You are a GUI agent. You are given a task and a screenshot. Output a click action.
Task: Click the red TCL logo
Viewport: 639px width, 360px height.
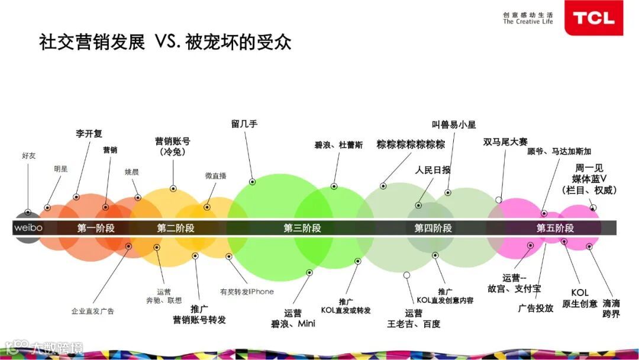pos(593,18)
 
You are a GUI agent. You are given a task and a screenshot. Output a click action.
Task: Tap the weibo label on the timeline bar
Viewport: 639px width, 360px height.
pos(28,228)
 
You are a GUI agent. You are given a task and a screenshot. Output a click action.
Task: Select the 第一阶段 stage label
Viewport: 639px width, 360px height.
pos(96,228)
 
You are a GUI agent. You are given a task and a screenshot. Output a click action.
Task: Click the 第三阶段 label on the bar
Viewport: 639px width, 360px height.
pos(302,228)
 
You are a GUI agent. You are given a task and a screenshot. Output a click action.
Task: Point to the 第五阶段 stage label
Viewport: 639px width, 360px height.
pos(555,228)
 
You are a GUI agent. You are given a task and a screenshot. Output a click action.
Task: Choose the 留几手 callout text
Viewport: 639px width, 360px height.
pos(244,124)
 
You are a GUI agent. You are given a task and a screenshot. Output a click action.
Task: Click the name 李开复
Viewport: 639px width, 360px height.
pos(89,134)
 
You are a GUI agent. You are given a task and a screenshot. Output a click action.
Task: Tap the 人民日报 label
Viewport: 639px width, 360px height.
pos(433,170)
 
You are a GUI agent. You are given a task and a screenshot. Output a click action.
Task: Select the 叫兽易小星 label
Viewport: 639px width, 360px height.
pos(454,124)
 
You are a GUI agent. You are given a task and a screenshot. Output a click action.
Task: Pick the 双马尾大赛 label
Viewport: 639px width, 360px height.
pos(505,142)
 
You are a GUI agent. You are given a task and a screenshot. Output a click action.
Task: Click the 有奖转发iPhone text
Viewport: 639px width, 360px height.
pos(247,291)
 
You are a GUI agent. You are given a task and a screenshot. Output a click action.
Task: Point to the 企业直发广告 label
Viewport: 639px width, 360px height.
pos(93,311)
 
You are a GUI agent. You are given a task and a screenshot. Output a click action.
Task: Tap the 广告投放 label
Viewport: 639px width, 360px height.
pos(535,308)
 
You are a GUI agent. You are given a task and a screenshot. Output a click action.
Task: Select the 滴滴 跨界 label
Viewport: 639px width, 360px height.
pos(611,308)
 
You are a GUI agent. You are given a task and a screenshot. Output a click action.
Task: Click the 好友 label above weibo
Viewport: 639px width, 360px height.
pos(28,155)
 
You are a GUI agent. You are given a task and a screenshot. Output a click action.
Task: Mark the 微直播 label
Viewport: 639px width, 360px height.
pos(215,175)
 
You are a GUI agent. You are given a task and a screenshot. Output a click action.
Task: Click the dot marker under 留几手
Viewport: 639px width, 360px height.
pos(253,182)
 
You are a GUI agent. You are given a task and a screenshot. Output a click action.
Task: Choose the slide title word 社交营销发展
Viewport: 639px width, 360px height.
pos(92,43)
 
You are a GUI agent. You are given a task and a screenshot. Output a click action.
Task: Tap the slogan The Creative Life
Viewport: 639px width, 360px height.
pos(528,22)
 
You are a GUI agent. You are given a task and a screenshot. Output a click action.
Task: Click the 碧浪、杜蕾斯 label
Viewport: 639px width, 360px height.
pos(338,145)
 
